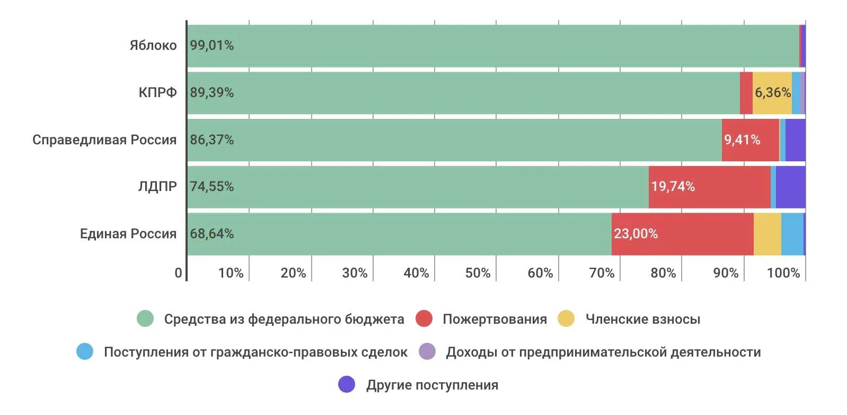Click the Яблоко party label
click(x=153, y=46)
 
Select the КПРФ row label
click(x=157, y=93)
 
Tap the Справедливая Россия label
click(x=104, y=140)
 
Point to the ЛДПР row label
click(x=157, y=187)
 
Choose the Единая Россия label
click(x=128, y=234)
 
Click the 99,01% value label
click(x=212, y=46)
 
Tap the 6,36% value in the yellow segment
click(x=772, y=93)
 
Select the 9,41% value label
click(x=742, y=140)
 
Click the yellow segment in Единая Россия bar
click(x=767, y=234)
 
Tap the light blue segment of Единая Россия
click(x=792, y=234)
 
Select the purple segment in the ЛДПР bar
click(x=790, y=187)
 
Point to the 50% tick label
click(x=478, y=273)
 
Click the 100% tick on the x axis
click(x=783, y=273)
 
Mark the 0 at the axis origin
click(x=179, y=273)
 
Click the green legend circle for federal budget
click(x=145, y=319)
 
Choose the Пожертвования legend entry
click(x=495, y=319)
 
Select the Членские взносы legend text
click(x=642, y=319)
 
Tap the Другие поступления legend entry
click(x=432, y=385)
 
